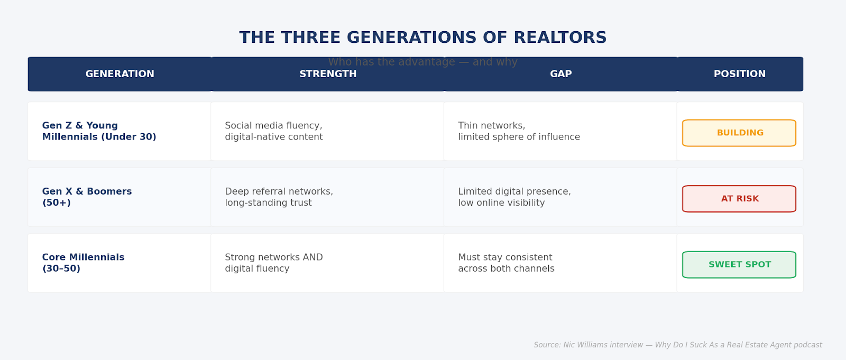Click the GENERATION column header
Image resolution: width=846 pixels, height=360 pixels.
coord(120,74)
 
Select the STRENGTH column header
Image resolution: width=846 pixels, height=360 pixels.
coord(328,74)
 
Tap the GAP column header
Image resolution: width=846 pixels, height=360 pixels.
coord(560,74)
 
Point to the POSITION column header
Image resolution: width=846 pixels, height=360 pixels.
coord(739,74)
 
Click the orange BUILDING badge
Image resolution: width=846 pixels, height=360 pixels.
coord(739,133)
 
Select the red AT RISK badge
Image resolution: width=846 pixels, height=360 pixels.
coord(739,199)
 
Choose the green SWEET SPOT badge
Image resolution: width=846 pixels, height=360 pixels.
coord(739,265)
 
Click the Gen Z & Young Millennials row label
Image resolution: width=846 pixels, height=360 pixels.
coord(99,132)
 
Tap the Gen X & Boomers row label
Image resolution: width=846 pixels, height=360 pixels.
coord(87,197)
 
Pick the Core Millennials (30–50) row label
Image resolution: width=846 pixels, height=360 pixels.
coord(83,263)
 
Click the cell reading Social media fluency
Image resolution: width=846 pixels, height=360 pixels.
coord(273,132)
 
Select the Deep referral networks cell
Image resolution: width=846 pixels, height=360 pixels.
coord(279,197)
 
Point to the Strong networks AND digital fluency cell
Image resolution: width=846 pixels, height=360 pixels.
coord(273,263)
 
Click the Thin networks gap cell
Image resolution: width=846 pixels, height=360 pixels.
coord(518,132)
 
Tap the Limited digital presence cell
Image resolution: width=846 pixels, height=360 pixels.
coord(514,197)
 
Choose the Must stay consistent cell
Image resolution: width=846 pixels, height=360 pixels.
coord(505,263)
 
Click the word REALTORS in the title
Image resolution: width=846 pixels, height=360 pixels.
coord(560,38)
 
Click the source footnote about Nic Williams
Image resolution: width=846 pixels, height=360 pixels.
coord(677,345)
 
